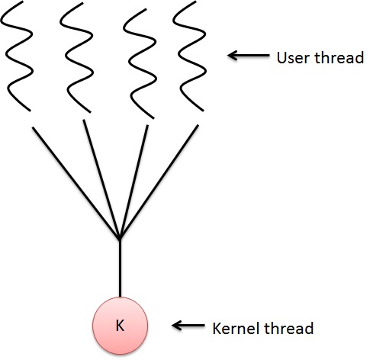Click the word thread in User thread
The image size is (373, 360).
(339, 57)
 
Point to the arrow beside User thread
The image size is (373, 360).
(249, 55)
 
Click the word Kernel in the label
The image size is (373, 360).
(236, 328)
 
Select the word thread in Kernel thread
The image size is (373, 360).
(288, 328)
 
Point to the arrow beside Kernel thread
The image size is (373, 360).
(188, 325)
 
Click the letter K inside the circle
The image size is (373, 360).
(120, 326)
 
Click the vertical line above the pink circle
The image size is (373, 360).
(120, 268)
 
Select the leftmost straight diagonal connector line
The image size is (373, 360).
(76, 183)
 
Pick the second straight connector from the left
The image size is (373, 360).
(101, 179)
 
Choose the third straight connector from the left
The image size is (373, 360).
(134, 182)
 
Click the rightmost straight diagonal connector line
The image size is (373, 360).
(159, 182)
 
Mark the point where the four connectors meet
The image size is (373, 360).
(120, 239)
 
